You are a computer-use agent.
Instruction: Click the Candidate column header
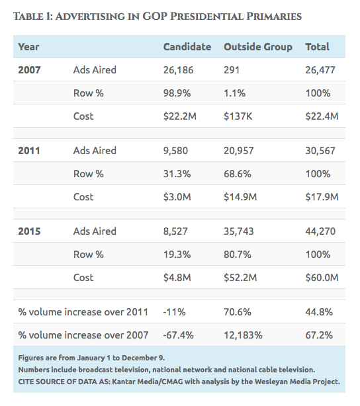187,47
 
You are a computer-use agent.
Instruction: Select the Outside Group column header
258,47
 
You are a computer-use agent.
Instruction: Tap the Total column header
317,47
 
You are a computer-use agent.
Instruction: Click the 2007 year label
29,70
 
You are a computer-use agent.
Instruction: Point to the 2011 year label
29,151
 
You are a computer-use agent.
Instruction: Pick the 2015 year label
29,231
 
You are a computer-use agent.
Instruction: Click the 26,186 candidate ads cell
178,70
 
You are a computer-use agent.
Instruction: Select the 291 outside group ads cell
232,70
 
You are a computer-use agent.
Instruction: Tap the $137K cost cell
238,116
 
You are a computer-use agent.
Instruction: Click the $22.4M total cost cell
322,116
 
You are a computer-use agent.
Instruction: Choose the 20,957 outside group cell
239,151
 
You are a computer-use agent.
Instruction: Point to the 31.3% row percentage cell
177,174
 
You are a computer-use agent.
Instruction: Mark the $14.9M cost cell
240,197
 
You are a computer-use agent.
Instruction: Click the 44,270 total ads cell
320,231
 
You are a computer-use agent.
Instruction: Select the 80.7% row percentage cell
238,255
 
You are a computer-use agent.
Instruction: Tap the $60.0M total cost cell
322,278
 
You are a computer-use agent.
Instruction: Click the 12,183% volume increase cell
243,335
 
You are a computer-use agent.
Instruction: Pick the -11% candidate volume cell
174,312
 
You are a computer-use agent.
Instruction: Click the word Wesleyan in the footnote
271,382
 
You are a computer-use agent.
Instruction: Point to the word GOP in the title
156,17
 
